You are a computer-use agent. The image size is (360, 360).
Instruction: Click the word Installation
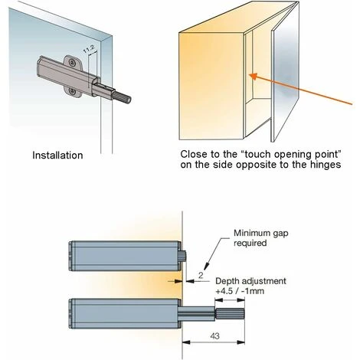[x=57, y=155]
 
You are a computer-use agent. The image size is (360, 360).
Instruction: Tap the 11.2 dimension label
[x=89, y=49]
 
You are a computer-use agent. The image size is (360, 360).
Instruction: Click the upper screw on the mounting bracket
[x=72, y=62]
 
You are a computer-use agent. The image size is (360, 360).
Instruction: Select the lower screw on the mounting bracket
[x=71, y=92]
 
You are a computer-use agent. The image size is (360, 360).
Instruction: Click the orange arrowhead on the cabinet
[x=254, y=76]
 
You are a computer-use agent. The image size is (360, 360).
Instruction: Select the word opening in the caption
[x=294, y=155]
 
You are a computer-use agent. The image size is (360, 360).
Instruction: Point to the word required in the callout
[x=250, y=243]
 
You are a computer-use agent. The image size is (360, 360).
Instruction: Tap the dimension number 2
[x=201, y=275]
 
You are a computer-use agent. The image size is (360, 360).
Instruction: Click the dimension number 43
[x=214, y=335]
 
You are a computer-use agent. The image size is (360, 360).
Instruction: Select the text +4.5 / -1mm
[x=240, y=291]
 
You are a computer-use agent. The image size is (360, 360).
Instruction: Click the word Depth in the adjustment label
[x=227, y=281]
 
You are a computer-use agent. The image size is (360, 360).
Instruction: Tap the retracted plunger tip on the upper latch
[x=185, y=256]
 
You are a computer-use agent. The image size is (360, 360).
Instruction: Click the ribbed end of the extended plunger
[x=230, y=314]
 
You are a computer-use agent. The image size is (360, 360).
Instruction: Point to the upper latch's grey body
[x=125, y=256]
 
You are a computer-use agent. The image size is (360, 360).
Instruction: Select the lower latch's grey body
[x=125, y=313]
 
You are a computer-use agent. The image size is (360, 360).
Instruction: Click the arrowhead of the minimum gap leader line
[x=207, y=267]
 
